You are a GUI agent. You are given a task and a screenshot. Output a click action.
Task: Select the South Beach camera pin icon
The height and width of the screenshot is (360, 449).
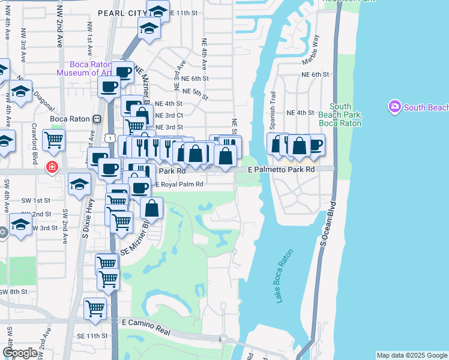[x=394, y=107]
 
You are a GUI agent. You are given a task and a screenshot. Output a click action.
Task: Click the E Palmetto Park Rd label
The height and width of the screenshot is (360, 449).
[x=282, y=170]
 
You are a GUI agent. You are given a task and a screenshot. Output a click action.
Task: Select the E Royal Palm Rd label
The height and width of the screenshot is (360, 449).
[x=179, y=184]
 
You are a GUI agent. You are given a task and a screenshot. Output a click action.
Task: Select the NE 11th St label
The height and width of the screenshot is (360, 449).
[x=183, y=12]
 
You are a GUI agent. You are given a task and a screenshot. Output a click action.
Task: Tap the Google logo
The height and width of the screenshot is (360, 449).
[x=20, y=353]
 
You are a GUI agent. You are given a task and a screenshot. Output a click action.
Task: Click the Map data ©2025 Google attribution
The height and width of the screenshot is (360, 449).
[x=411, y=355]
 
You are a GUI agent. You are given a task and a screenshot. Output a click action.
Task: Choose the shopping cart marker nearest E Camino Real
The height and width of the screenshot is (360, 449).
[x=95, y=308]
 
